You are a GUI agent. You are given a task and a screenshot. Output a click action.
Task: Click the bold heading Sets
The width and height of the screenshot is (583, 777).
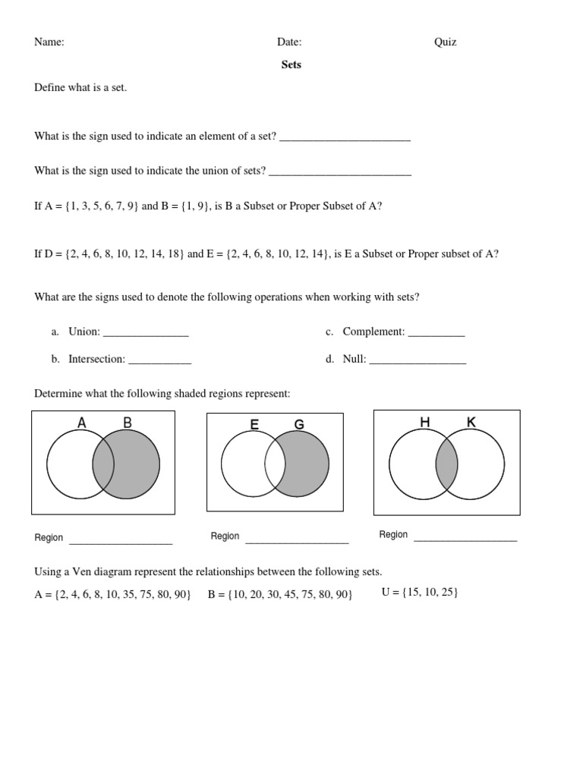291,64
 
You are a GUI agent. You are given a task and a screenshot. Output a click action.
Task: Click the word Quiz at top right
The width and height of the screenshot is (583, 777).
445,42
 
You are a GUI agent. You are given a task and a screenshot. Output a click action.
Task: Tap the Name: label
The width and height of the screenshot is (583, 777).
49,42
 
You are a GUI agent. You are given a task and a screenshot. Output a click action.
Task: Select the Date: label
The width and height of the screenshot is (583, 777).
289,42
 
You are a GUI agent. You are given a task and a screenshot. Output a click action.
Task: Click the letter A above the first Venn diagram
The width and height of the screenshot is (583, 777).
82,423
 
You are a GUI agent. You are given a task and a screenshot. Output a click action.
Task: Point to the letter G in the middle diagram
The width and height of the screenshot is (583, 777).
299,425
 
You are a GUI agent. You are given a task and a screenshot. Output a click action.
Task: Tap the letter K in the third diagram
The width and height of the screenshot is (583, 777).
471,422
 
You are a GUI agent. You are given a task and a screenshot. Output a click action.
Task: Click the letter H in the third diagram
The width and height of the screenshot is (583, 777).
424,422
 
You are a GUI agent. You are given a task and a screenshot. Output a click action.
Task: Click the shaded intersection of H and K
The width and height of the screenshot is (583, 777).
446,464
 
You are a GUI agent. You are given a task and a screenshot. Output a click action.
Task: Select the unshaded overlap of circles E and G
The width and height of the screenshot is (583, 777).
275,464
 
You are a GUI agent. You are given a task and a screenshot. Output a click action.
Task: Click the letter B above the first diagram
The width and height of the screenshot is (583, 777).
128,423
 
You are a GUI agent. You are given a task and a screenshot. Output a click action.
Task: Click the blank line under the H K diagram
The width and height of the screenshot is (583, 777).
465,539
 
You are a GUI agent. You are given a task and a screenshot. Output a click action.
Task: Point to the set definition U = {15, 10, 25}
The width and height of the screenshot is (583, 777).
419,592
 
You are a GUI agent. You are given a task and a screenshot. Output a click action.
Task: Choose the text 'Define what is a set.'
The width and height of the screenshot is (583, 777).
80,87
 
